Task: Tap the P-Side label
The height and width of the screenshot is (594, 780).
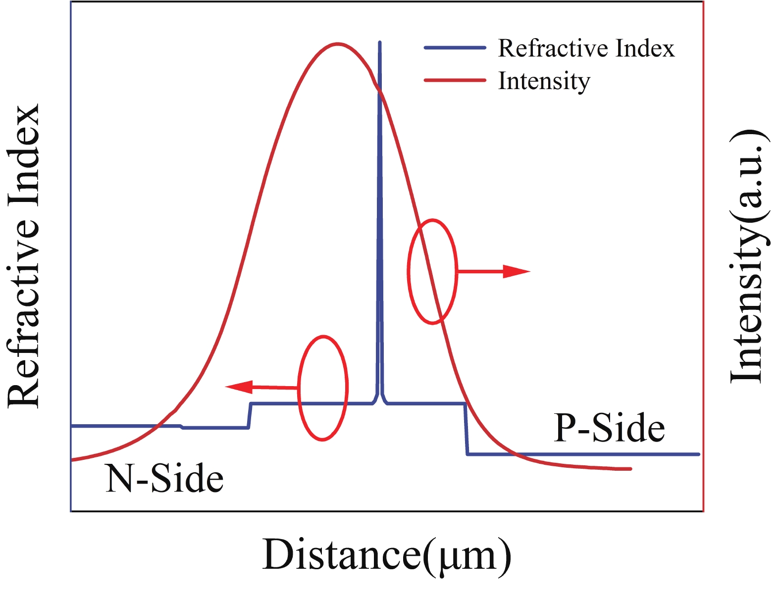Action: click(609, 428)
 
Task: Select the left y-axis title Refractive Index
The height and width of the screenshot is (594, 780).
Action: click(23, 256)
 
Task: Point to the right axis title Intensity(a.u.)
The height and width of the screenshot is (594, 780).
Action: click(749, 256)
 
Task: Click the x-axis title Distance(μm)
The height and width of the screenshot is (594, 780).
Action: click(386, 554)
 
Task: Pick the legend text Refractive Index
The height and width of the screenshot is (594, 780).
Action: click(586, 49)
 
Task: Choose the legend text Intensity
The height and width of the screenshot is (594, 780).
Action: click(544, 81)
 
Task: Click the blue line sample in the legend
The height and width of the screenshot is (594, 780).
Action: click(455, 48)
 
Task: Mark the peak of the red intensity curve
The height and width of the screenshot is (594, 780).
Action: click(338, 44)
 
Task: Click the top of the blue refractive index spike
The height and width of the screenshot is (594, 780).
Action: click(380, 43)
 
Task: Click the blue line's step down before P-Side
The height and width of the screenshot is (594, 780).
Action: click(466, 429)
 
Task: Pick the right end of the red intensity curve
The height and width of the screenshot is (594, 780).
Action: click(630, 468)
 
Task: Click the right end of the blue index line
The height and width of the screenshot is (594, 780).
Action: click(698, 454)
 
